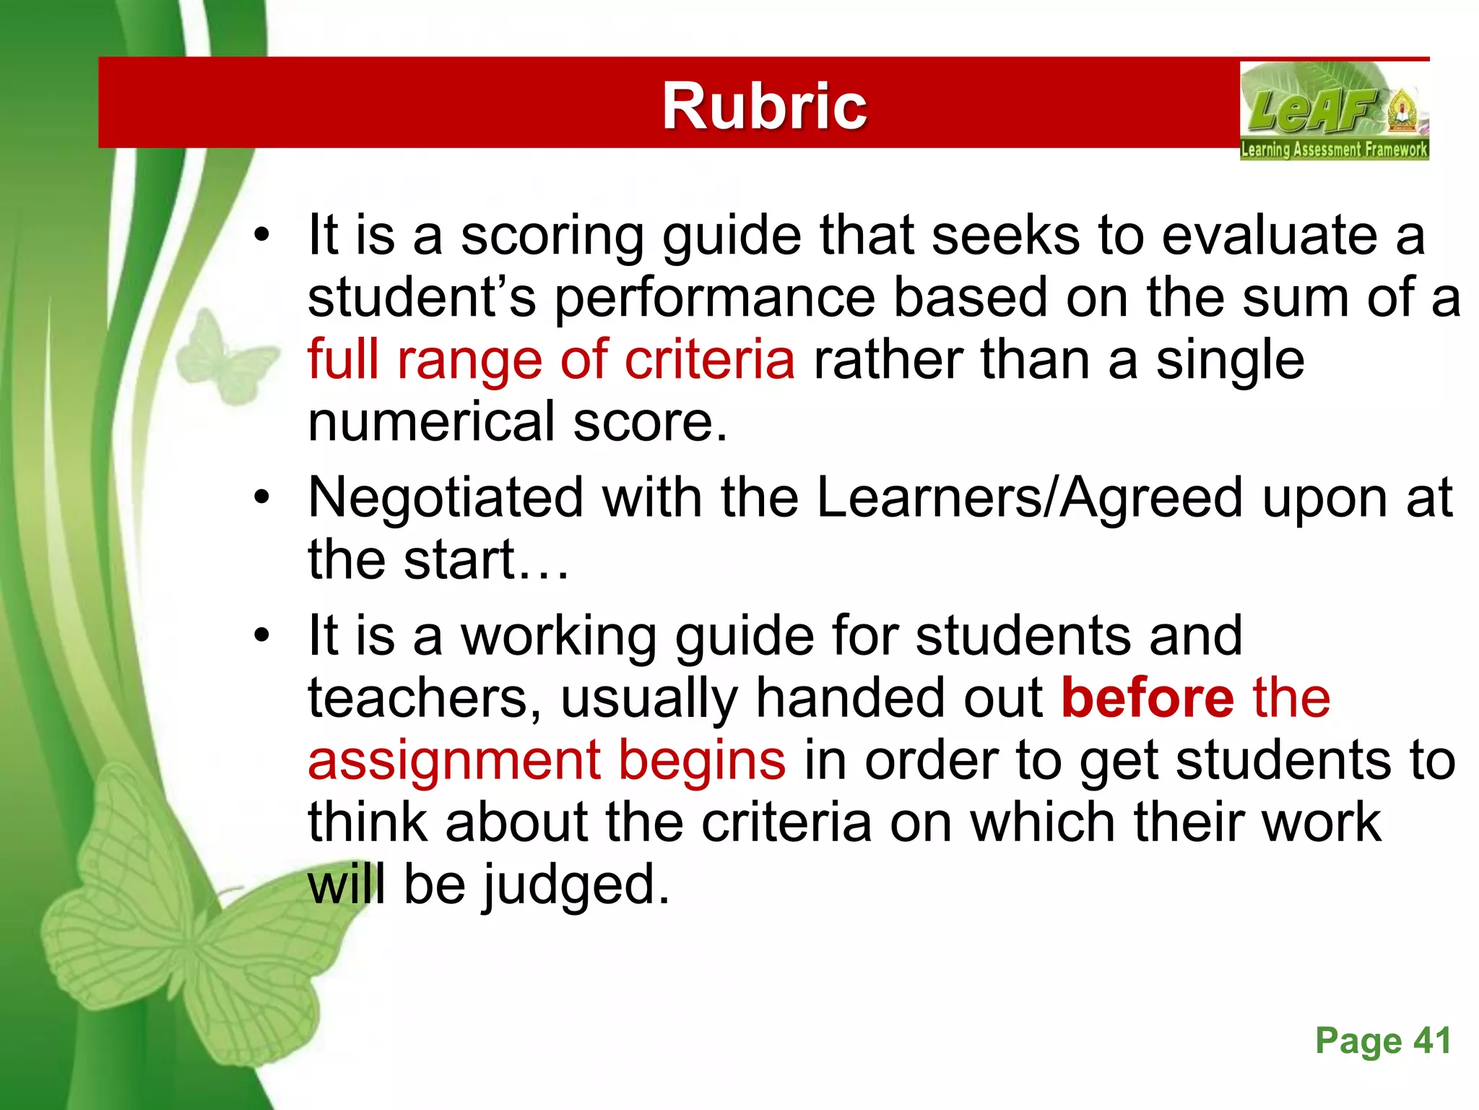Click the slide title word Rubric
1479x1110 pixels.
[764, 106]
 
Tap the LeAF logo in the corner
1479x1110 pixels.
[1334, 111]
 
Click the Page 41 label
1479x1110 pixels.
[1383, 1041]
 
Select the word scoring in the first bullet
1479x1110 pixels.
[552, 236]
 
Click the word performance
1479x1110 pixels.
[715, 298]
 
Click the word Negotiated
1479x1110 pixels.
[446, 499]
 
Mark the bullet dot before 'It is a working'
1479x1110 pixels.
[261, 636]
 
